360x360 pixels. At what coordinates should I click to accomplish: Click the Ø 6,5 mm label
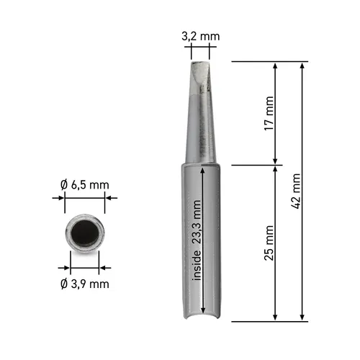point(86,185)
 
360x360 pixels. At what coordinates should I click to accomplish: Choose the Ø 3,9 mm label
point(86,283)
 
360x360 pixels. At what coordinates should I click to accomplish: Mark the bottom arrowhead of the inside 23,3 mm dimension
point(204,312)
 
